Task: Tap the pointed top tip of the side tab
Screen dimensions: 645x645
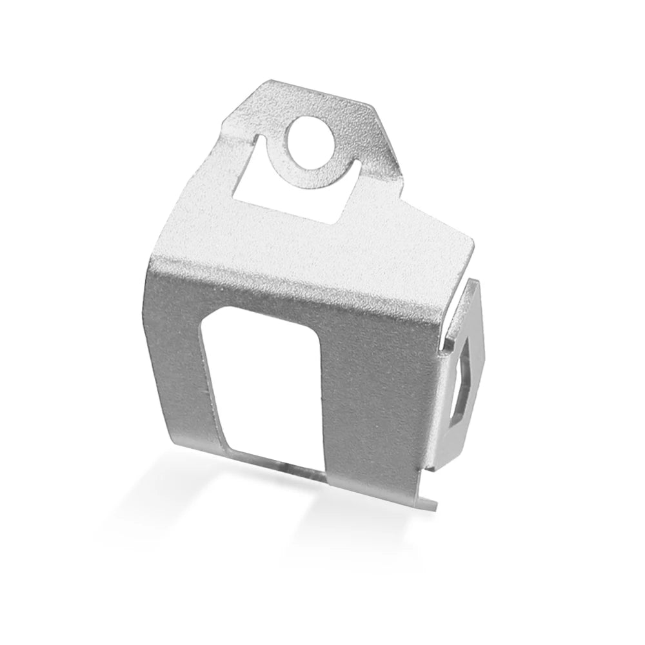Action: pyautogui.click(x=475, y=281)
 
